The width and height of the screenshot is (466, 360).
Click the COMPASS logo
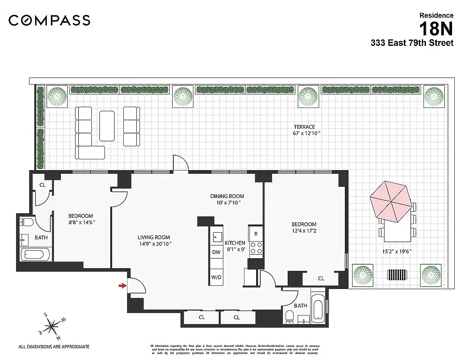(x=50, y=20)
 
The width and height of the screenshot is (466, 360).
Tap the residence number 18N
(x=436, y=30)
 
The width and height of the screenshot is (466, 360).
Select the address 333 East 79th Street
(x=412, y=44)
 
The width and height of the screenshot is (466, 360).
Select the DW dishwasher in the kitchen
(x=217, y=252)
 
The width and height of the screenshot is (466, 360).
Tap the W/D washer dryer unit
(x=217, y=277)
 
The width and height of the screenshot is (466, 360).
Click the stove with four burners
(x=256, y=248)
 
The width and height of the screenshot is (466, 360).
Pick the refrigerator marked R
(x=256, y=234)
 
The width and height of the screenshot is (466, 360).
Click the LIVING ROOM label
(x=154, y=238)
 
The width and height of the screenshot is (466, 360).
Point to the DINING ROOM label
(x=227, y=196)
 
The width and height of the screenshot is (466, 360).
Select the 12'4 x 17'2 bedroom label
(x=304, y=228)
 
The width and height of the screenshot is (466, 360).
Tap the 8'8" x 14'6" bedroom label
(x=81, y=219)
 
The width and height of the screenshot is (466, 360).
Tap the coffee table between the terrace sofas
(x=107, y=126)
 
